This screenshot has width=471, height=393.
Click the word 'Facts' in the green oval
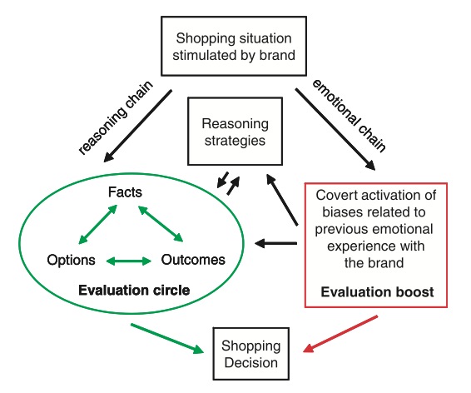(x=125, y=192)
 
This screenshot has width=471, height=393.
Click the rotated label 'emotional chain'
(x=350, y=116)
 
